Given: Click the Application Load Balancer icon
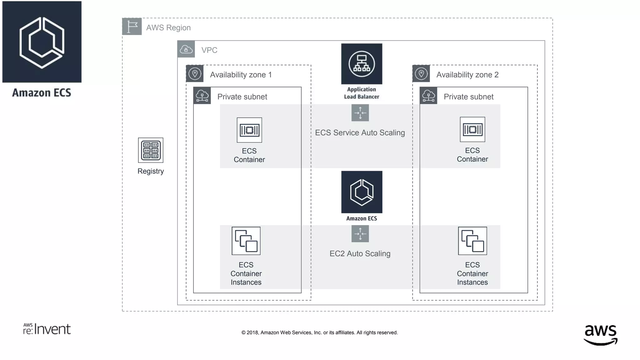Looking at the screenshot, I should click(362, 64).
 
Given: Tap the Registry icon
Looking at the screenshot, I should click(151, 150).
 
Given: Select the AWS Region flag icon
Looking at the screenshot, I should click(132, 27).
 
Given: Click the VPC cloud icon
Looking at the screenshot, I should click(186, 49).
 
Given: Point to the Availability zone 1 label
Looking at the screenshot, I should click(241, 75).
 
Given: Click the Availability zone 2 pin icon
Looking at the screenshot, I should click(421, 74).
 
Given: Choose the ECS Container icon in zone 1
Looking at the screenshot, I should click(249, 130).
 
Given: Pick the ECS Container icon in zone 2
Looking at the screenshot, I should click(472, 129).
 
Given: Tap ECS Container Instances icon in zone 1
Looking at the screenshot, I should click(246, 241).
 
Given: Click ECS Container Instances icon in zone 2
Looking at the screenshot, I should click(472, 241).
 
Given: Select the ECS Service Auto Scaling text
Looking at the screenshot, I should click(360, 133).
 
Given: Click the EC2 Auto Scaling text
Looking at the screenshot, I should click(360, 254).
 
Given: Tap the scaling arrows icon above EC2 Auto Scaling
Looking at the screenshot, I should click(360, 234).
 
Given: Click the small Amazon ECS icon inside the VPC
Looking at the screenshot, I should click(362, 192).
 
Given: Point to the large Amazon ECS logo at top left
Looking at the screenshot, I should click(42, 42).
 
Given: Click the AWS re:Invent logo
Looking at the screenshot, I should click(47, 329).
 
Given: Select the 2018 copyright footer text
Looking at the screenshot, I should click(319, 332).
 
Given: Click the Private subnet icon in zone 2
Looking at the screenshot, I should click(428, 96).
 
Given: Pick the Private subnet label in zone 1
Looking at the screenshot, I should click(242, 97).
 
